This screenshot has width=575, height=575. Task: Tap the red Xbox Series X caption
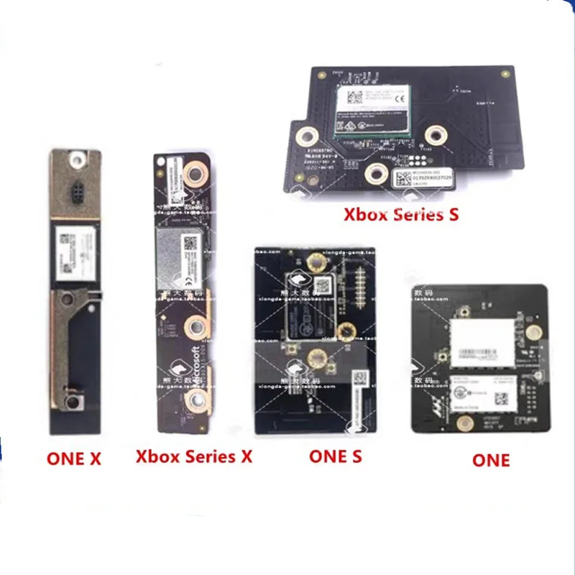194,456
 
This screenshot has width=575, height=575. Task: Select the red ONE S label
335,456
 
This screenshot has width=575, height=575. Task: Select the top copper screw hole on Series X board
193,172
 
